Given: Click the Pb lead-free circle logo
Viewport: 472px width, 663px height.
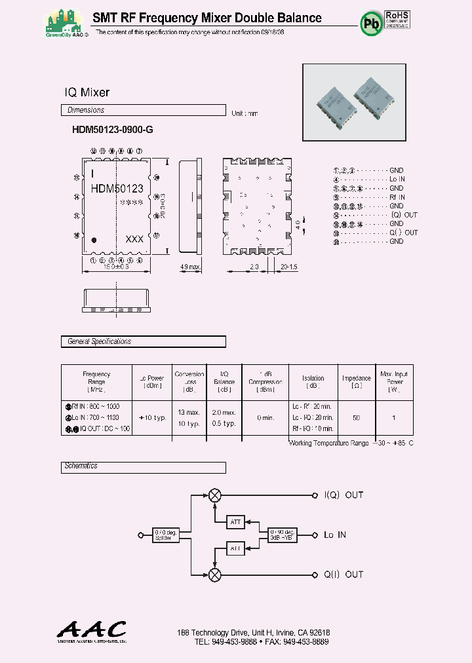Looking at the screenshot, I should click(372, 23).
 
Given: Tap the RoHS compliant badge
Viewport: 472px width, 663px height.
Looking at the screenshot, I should click(396, 18).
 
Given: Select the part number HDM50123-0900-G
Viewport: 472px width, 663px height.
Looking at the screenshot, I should click(112, 130).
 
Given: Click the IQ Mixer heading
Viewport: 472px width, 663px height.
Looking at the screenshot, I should click(87, 92).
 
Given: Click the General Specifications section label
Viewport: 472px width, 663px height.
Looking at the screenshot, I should click(99, 341).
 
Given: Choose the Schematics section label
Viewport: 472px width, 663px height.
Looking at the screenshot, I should click(81, 466).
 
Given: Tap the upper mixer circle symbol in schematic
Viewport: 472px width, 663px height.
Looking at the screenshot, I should click(215, 495).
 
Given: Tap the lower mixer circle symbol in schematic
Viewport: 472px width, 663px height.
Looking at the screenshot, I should click(215, 575).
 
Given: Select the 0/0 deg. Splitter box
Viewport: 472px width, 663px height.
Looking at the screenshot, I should click(164, 535).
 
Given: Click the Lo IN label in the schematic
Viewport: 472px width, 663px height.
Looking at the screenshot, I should click(335, 535).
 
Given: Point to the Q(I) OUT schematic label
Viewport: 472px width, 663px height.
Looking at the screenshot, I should click(343, 575).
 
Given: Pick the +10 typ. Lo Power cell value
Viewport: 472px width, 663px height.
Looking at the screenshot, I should click(152, 417).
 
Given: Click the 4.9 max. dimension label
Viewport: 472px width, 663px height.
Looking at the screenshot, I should click(190, 267).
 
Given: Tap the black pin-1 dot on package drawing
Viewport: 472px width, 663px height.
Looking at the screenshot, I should click(94, 240).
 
